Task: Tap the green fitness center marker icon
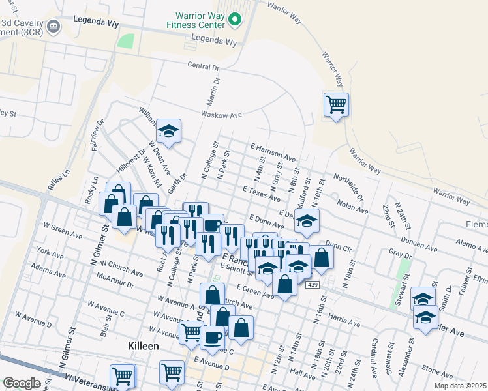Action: [x=236, y=21]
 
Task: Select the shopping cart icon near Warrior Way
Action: [x=336, y=104]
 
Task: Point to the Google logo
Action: [x=22, y=383]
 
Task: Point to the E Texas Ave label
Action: [x=261, y=193]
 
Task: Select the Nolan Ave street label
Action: [x=352, y=207]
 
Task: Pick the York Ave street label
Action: [x=50, y=251]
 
